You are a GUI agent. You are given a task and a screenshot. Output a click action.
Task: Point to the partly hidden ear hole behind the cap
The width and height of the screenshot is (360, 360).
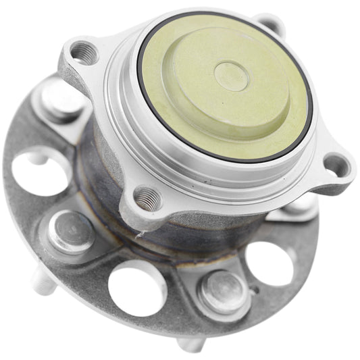coord(272,24)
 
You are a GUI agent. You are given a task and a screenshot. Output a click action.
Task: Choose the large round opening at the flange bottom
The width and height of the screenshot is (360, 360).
coord(136,288)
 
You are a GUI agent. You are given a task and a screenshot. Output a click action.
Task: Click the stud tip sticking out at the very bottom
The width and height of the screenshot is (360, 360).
coord(190,344)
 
